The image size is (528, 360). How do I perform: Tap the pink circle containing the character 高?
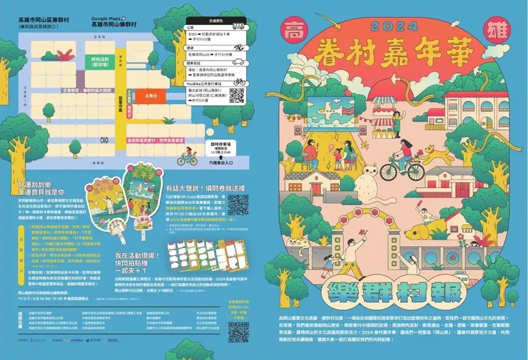pyautogui.click(x=293, y=32)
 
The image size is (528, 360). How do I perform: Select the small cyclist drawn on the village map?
pyautogui.click(x=188, y=156)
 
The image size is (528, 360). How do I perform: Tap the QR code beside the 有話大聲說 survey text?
pyautogui.click(x=239, y=203)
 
